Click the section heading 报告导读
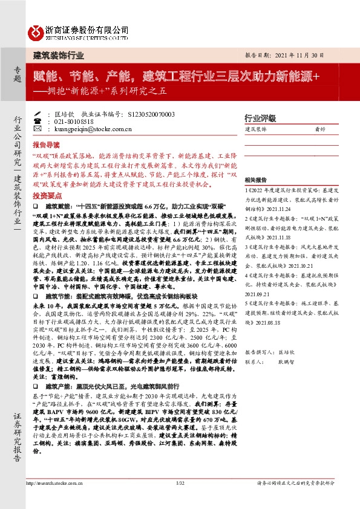tap(46, 145)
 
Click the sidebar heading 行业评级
tap(260, 117)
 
